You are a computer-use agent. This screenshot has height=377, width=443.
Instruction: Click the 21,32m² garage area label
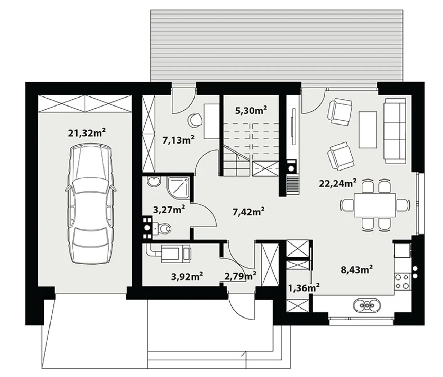(x=87, y=133)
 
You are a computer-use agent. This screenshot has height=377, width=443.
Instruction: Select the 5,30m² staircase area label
(x=251, y=111)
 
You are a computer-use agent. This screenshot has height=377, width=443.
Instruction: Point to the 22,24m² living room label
(x=338, y=184)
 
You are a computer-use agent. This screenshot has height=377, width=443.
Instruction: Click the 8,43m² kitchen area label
(x=356, y=270)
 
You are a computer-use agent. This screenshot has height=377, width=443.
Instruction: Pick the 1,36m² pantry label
(x=304, y=288)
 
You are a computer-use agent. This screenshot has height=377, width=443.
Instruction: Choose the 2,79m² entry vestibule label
(x=240, y=276)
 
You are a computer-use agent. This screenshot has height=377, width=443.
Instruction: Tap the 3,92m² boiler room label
(x=187, y=276)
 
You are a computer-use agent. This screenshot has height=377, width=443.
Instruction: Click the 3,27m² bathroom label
(x=169, y=210)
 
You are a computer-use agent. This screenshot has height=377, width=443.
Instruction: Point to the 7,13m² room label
(x=179, y=140)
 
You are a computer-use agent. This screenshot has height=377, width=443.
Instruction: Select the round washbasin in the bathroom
(x=154, y=182)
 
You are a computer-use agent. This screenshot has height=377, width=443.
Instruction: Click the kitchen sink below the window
(x=367, y=305)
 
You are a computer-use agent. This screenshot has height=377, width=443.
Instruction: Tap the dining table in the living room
(x=375, y=205)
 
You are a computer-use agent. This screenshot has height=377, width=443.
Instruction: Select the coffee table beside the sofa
(x=368, y=130)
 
